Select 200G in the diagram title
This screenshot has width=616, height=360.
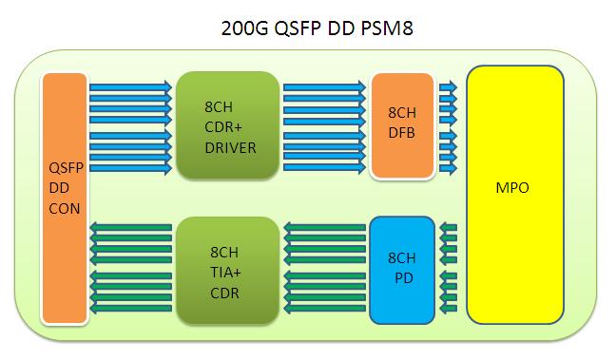pos(242,29)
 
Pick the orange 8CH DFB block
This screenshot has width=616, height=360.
pos(401,126)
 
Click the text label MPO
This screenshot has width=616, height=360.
pos(512,188)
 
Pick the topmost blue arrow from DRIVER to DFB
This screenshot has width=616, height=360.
pos(324,85)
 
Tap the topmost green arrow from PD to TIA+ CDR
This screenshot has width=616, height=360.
pos(324,228)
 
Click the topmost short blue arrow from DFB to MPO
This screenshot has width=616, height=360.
pos(448,85)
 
